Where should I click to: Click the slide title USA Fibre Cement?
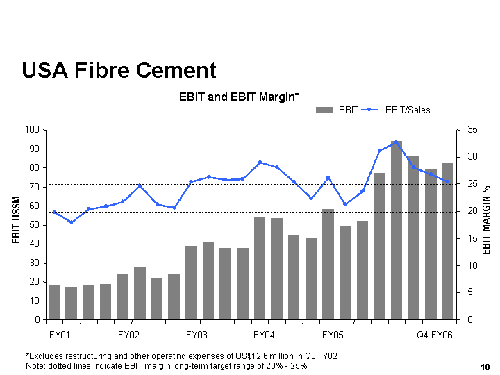[x=119, y=70]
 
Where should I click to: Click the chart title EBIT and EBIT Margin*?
[x=238, y=97]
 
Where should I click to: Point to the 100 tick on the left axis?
[x=31, y=130]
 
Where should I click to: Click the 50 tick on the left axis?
[x=33, y=225]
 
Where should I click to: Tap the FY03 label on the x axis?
[x=197, y=335]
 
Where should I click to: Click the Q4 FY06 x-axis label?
[x=434, y=335]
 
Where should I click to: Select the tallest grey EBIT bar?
[x=397, y=229]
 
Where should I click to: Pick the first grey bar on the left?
[x=54, y=303]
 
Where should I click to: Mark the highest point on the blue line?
[x=397, y=142]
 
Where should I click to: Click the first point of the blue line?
[x=54, y=212]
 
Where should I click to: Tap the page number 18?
[x=485, y=366]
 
